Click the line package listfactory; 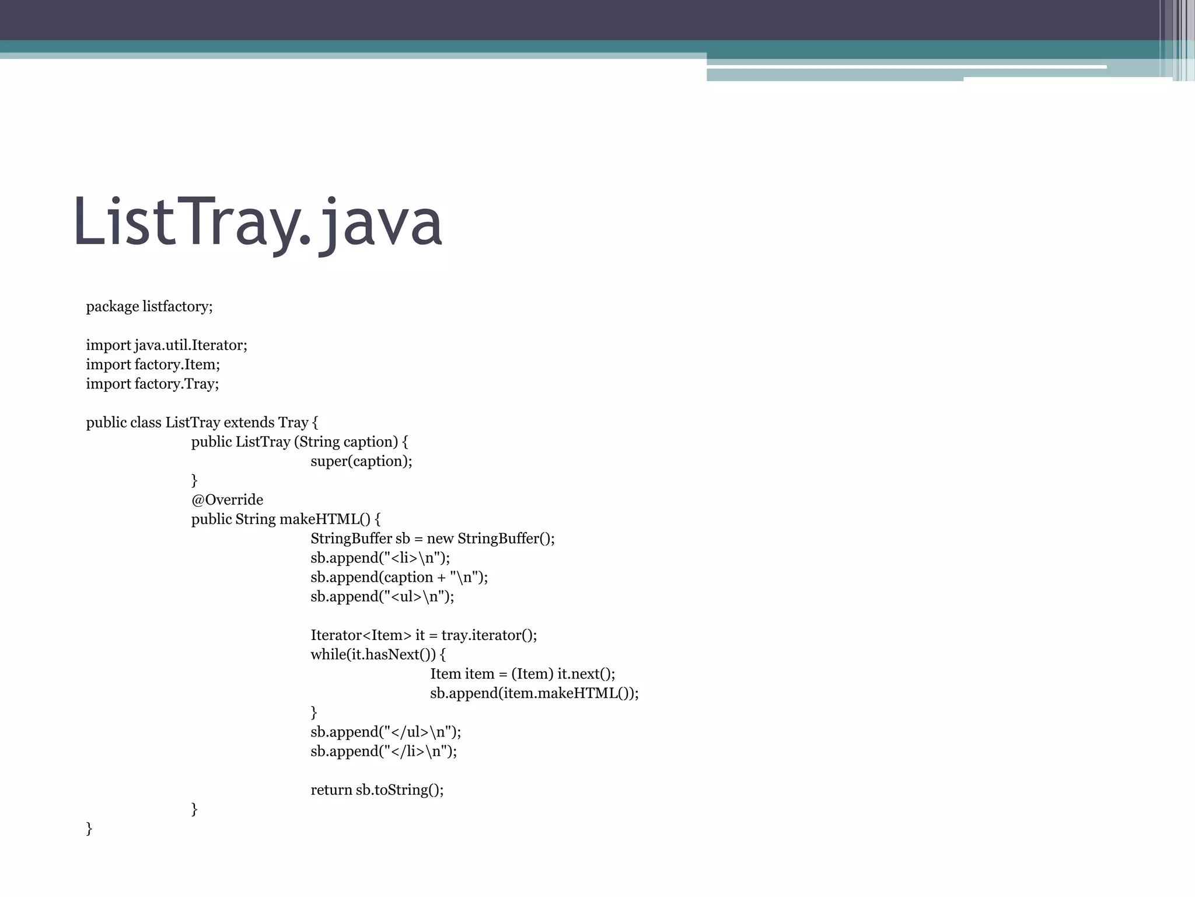(149, 307)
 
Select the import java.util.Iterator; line (166, 345)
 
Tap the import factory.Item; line (153, 364)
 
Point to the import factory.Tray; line (152, 384)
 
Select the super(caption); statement (361, 461)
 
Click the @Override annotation (227, 500)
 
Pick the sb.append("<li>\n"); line (380, 558)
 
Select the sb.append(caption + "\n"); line (399, 577)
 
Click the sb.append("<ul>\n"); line (382, 596)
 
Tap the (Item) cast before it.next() (532, 674)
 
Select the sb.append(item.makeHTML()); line (534, 693)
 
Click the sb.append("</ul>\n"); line (386, 732)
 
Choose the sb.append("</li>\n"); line (383, 751)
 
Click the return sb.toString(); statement (377, 790)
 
